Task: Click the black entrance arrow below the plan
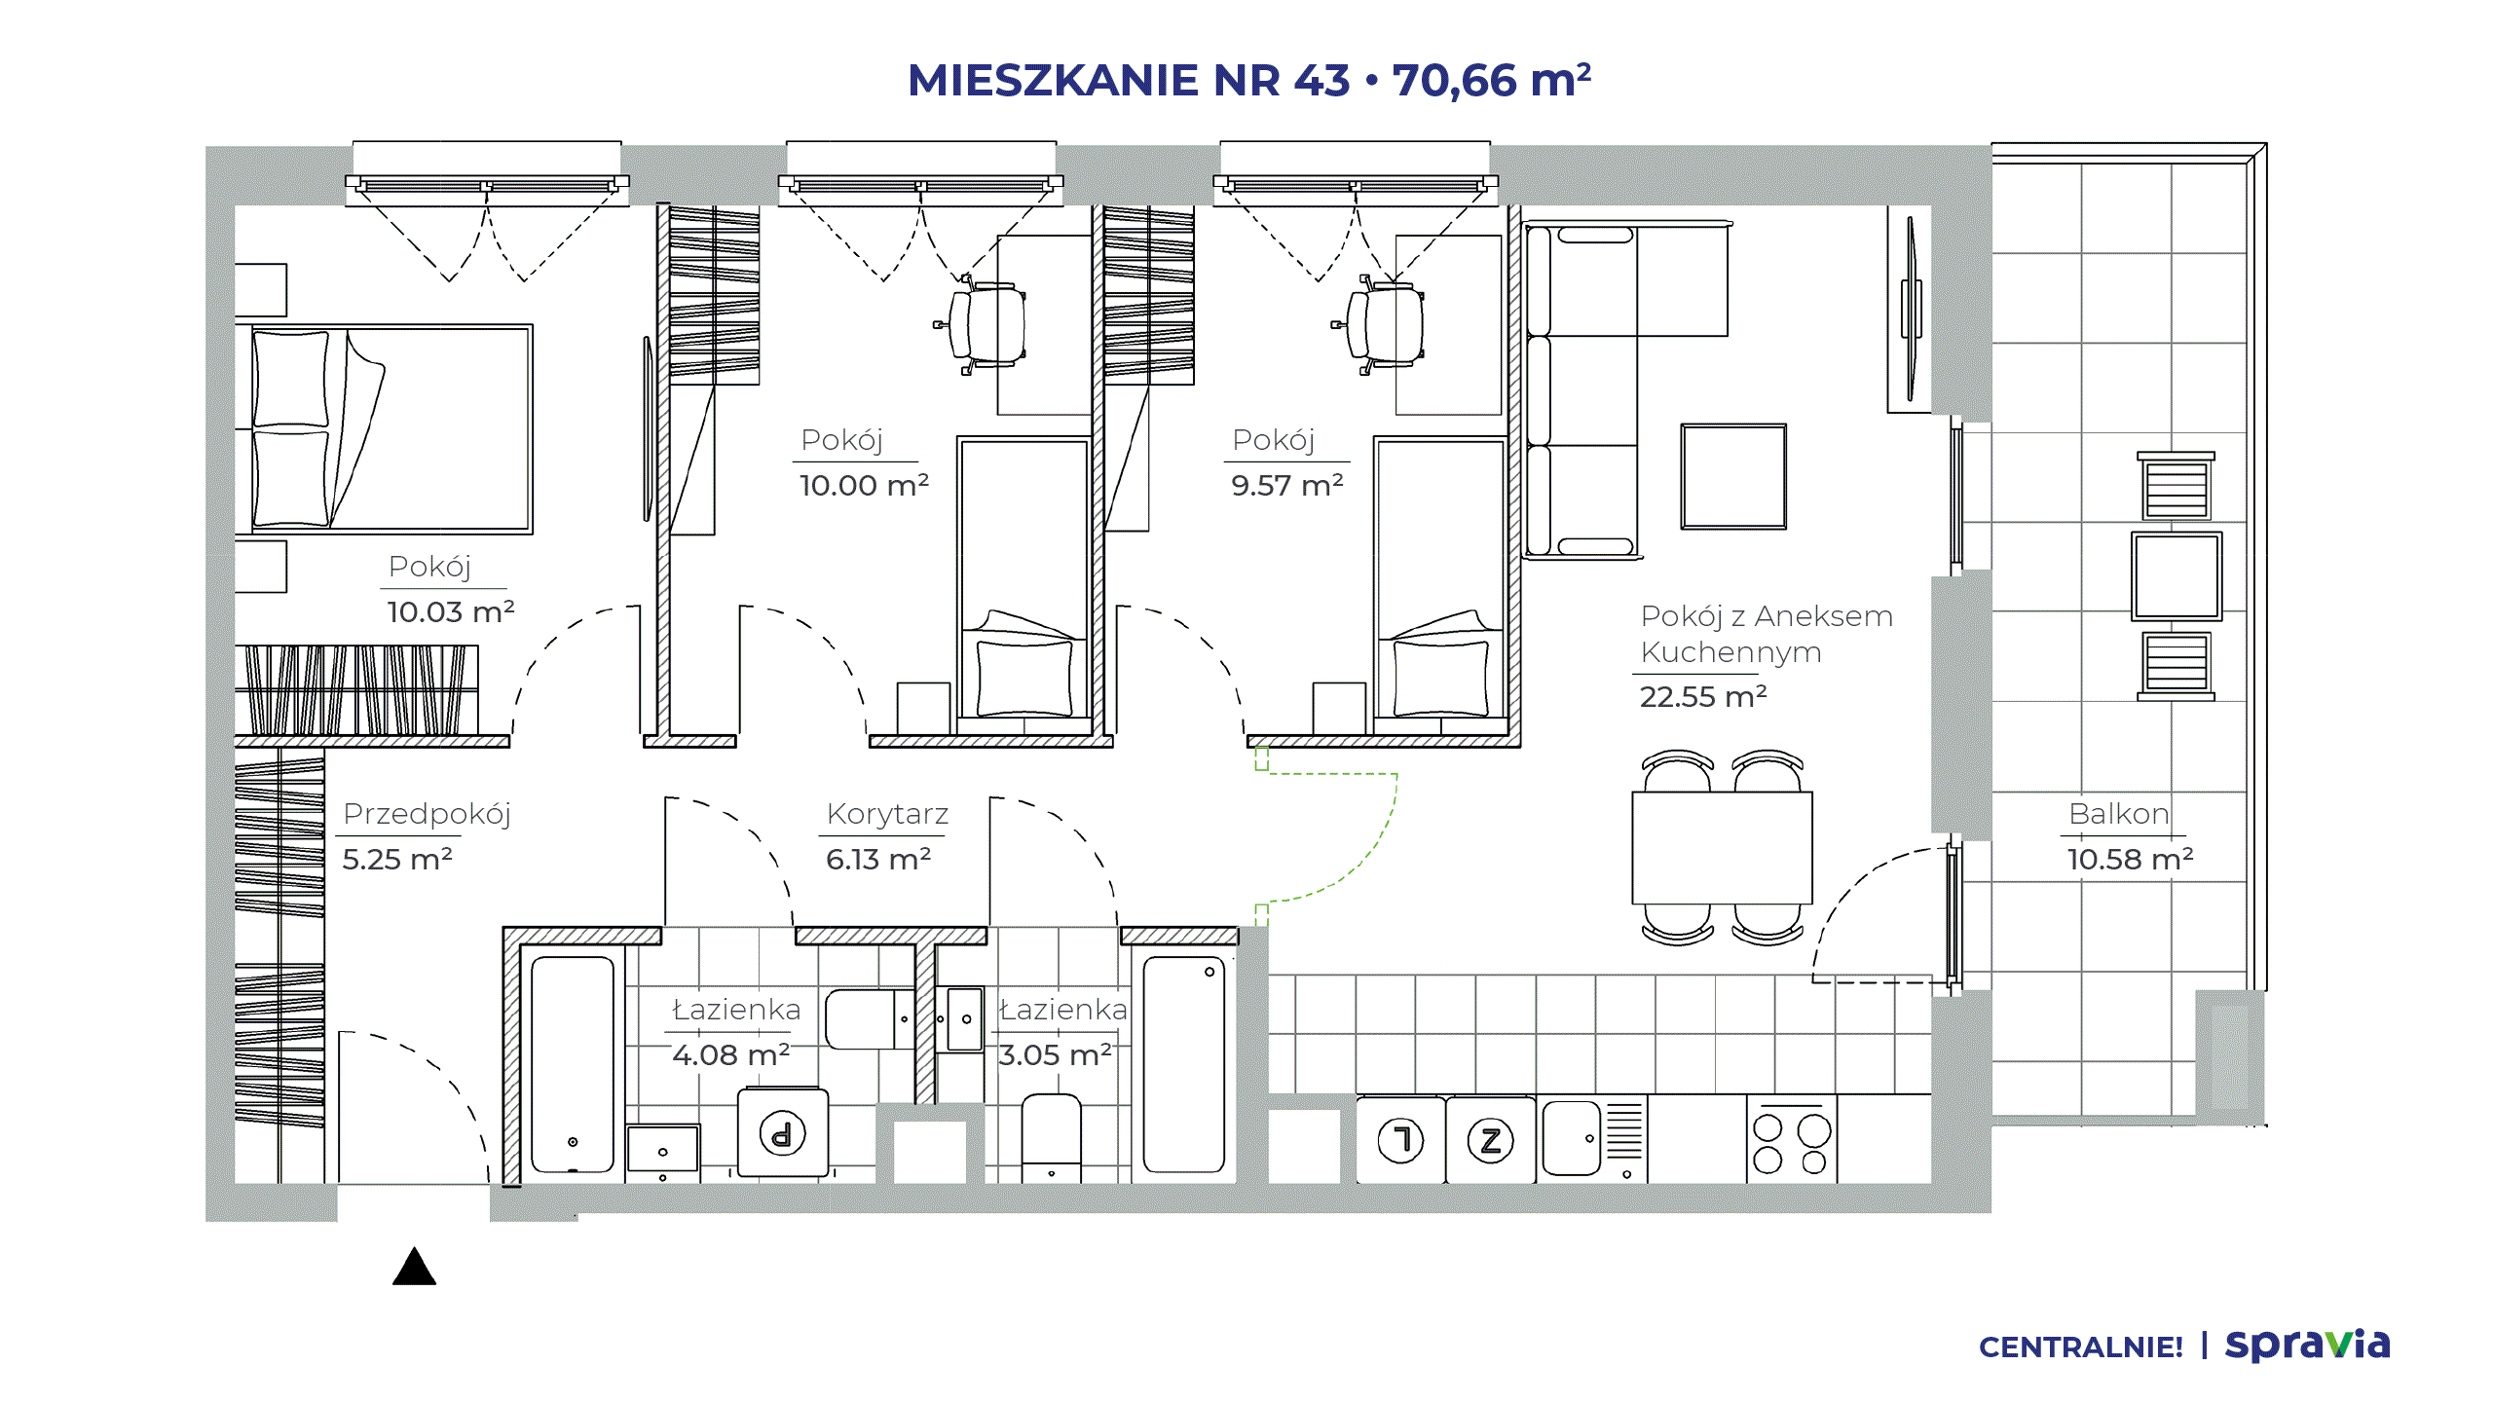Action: [414, 1267]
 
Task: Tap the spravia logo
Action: [2308, 1345]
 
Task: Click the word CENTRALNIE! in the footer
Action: [2081, 1347]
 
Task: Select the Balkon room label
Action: [2119, 813]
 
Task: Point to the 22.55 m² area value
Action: [1703, 696]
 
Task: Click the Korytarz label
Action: [887, 813]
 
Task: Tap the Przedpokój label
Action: [427, 814]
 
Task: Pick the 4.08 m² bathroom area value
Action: [730, 1054]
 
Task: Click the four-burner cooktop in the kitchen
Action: [1792, 1139]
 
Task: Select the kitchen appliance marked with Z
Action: [1491, 1140]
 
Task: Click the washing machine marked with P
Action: [782, 1134]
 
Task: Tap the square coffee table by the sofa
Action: [1733, 476]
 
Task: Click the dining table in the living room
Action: [1722, 848]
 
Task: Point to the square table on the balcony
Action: [2177, 576]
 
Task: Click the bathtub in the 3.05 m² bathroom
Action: [1184, 1064]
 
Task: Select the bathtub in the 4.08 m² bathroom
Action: [573, 1064]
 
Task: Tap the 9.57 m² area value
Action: [1287, 485]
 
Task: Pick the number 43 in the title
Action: [1321, 80]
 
